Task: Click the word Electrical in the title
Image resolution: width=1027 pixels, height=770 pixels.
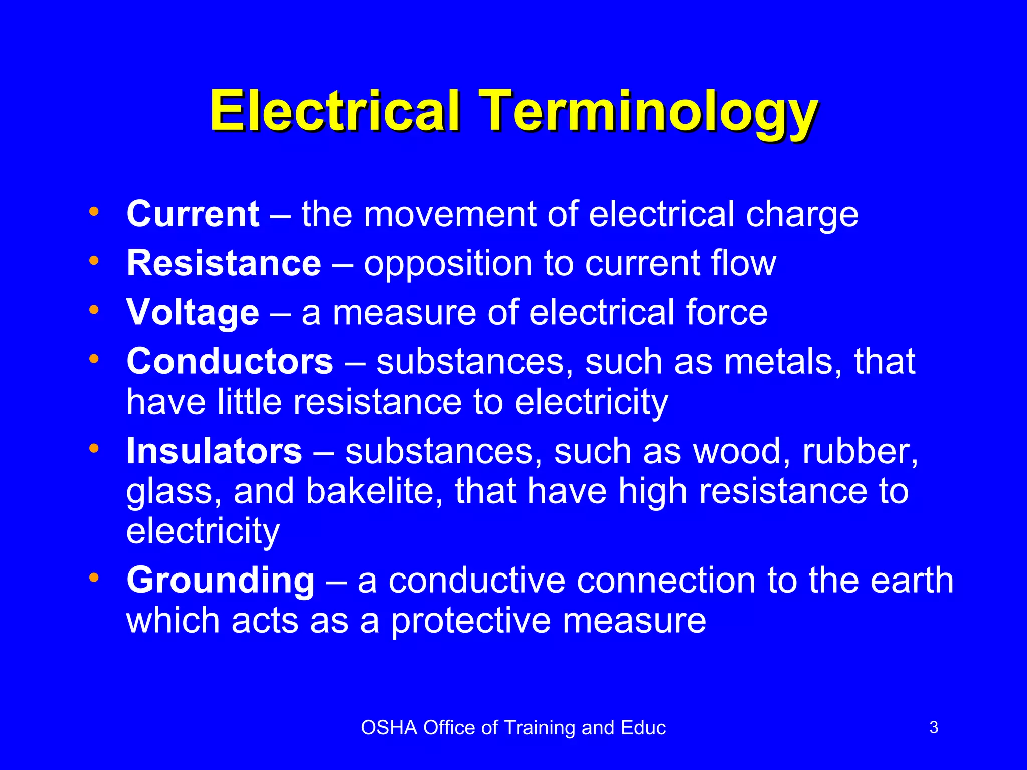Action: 334,111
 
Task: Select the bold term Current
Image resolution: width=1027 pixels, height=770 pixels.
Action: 193,214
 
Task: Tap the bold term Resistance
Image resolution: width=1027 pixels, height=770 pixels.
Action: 224,263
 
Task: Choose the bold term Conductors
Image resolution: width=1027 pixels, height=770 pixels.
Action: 230,361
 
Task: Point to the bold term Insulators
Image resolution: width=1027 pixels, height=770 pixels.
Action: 214,451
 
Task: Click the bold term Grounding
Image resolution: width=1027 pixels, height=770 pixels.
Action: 221,581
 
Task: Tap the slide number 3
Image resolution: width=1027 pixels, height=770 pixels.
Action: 934,727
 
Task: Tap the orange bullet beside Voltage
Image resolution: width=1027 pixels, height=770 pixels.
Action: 94,310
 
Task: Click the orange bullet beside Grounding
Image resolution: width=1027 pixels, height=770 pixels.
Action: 94,577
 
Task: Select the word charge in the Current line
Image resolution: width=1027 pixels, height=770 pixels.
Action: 802,214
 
